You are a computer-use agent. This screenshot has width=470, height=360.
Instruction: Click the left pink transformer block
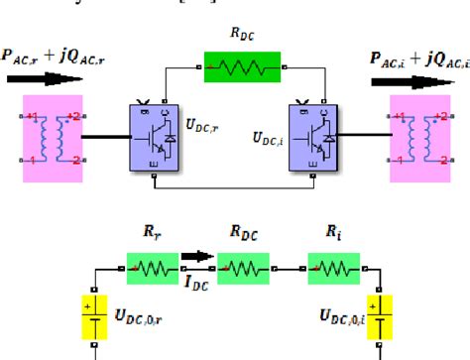pos(52,139)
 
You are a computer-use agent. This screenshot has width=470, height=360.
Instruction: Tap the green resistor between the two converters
pos(234,66)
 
